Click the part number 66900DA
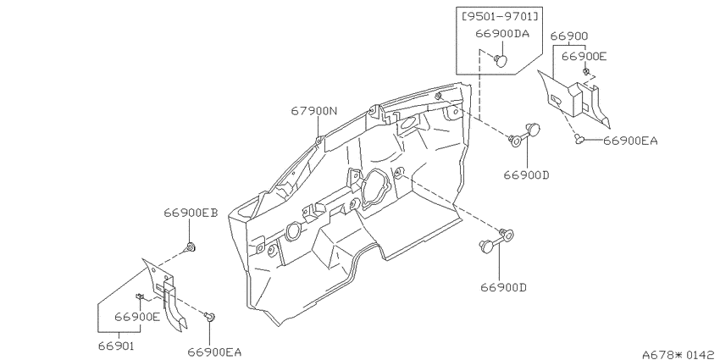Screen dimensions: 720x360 coord(502,34)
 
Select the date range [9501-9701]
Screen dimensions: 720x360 coord(499,16)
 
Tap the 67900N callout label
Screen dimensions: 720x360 coord(314,111)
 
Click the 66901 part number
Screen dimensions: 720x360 coord(116,345)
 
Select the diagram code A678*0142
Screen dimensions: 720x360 coord(680,354)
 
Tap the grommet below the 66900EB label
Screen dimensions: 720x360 coord(190,248)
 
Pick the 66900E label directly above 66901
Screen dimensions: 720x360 coord(137,317)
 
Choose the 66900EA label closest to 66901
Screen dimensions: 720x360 coord(214,352)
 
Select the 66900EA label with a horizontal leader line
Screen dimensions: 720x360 coord(630,141)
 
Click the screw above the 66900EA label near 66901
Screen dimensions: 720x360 coord(210,317)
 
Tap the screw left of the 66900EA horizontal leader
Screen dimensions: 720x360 coord(579,138)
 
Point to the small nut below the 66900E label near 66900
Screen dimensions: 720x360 coord(586,72)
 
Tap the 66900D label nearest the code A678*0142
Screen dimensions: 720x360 coord(503,287)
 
